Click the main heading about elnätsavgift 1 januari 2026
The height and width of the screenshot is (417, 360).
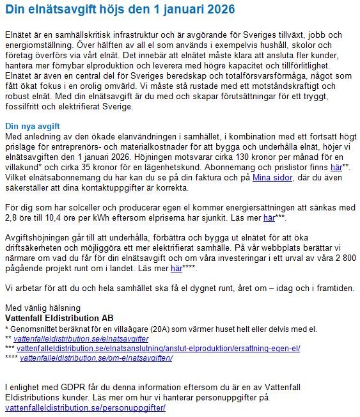(x=120, y=10)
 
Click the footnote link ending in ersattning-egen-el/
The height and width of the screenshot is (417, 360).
(x=158, y=349)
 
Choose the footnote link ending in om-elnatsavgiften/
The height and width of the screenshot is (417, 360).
(x=97, y=358)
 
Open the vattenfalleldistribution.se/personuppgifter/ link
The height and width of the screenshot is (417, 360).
(x=85, y=407)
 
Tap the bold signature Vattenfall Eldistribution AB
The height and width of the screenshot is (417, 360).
(x=59, y=318)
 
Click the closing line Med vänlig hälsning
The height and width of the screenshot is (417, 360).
(x=43, y=308)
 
